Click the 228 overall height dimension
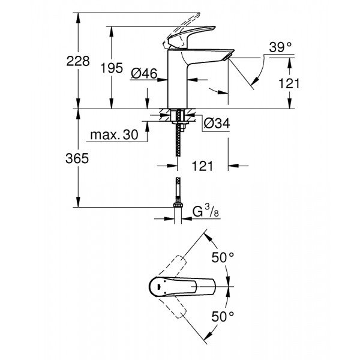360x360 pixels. click(78, 62)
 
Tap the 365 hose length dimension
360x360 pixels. click(78, 159)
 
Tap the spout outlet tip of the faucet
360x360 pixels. click(226, 56)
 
